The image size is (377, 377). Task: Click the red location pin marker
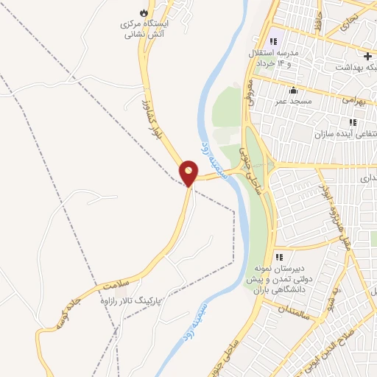pyautogui.click(x=189, y=173)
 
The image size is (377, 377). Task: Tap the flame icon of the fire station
pyautogui.click(x=143, y=13)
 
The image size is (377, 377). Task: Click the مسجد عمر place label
pyautogui.click(x=294, y=100)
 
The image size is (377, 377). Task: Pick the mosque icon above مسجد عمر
pyautogui.click(x=293, y=90)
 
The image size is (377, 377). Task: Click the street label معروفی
pyautogui.click(x=250, y=93)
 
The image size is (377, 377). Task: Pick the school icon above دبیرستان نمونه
pyautogui.click(x=279, y=257)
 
